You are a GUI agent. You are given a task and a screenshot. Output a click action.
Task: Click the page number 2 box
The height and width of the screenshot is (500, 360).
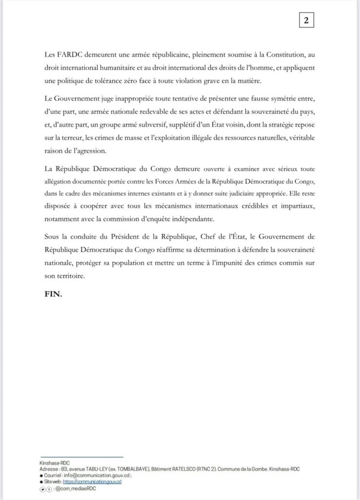pos(306,21)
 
